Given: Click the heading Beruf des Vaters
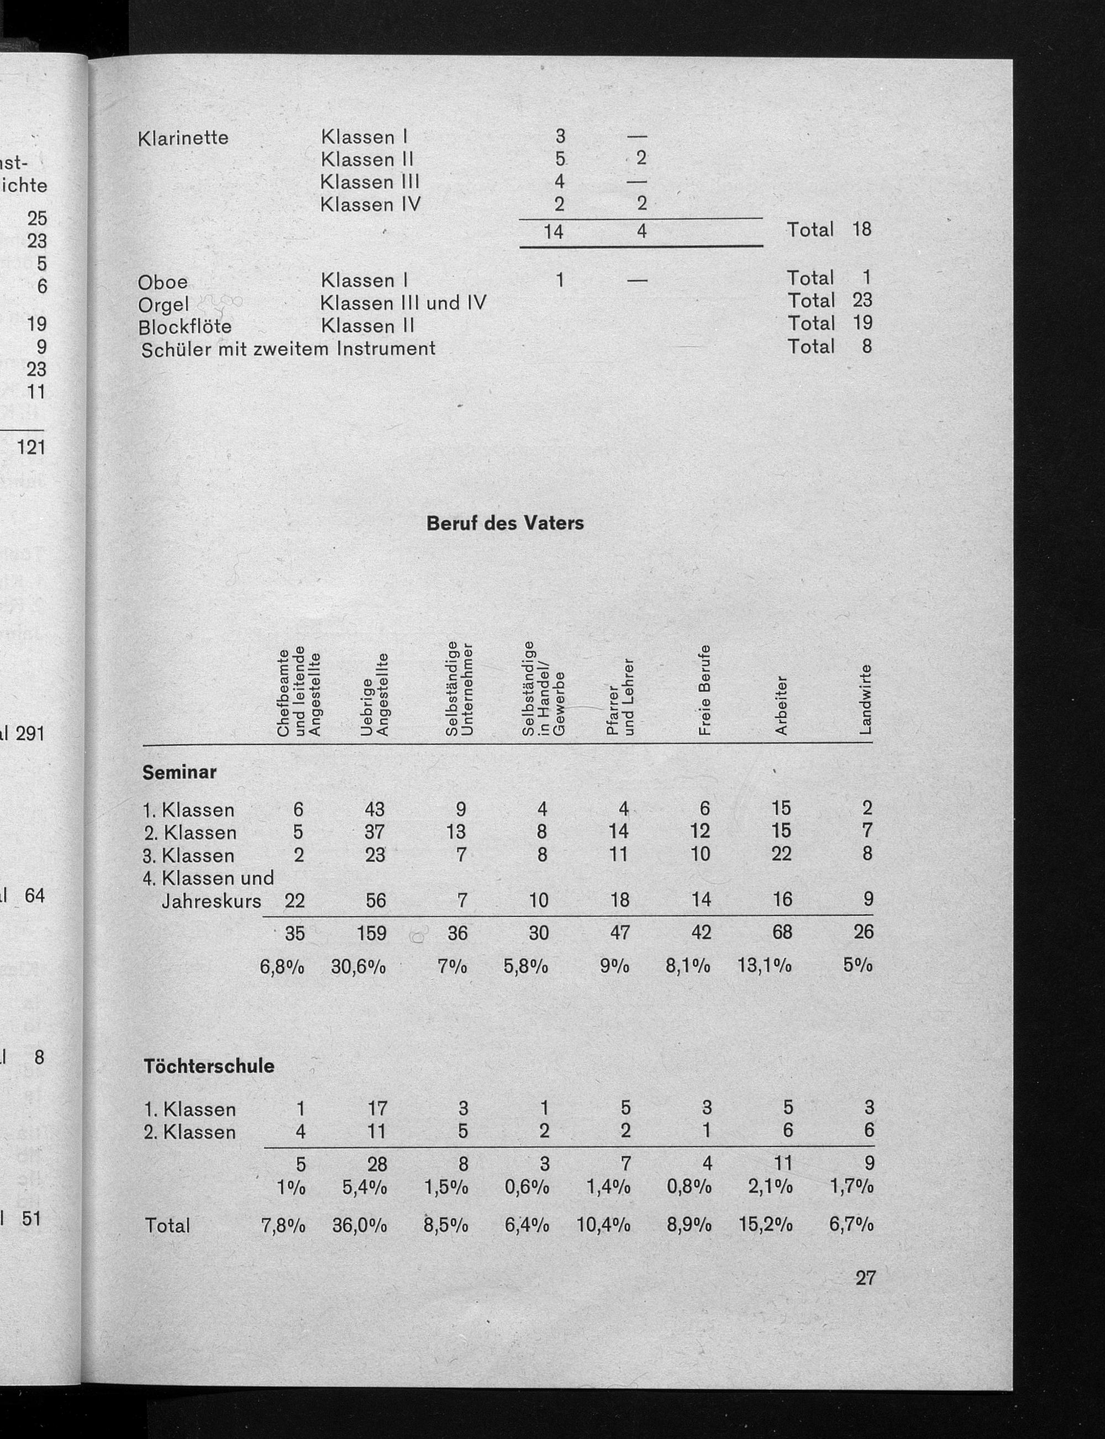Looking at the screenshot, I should (x=504, y=524).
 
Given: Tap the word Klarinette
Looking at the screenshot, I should (x=183, y=138).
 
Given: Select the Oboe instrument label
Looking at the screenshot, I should (x=162, y=282).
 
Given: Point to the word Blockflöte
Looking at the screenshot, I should (x=185, y=327).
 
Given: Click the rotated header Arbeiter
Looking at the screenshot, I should (x=781, y=705).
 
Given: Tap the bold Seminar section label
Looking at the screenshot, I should (x=180, y=772).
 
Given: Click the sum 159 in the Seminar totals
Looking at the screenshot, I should (x=372, y=932).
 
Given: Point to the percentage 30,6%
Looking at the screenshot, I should (x=359, y=966).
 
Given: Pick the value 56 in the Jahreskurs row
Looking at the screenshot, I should (x=376, y=899).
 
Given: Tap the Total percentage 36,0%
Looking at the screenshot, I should (x=360, y=1225).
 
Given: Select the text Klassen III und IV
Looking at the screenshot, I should (x=403, y=303).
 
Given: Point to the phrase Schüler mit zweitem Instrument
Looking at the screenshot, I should (x=288, y=349).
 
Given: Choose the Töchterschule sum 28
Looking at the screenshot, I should (x=377, y=1165).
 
